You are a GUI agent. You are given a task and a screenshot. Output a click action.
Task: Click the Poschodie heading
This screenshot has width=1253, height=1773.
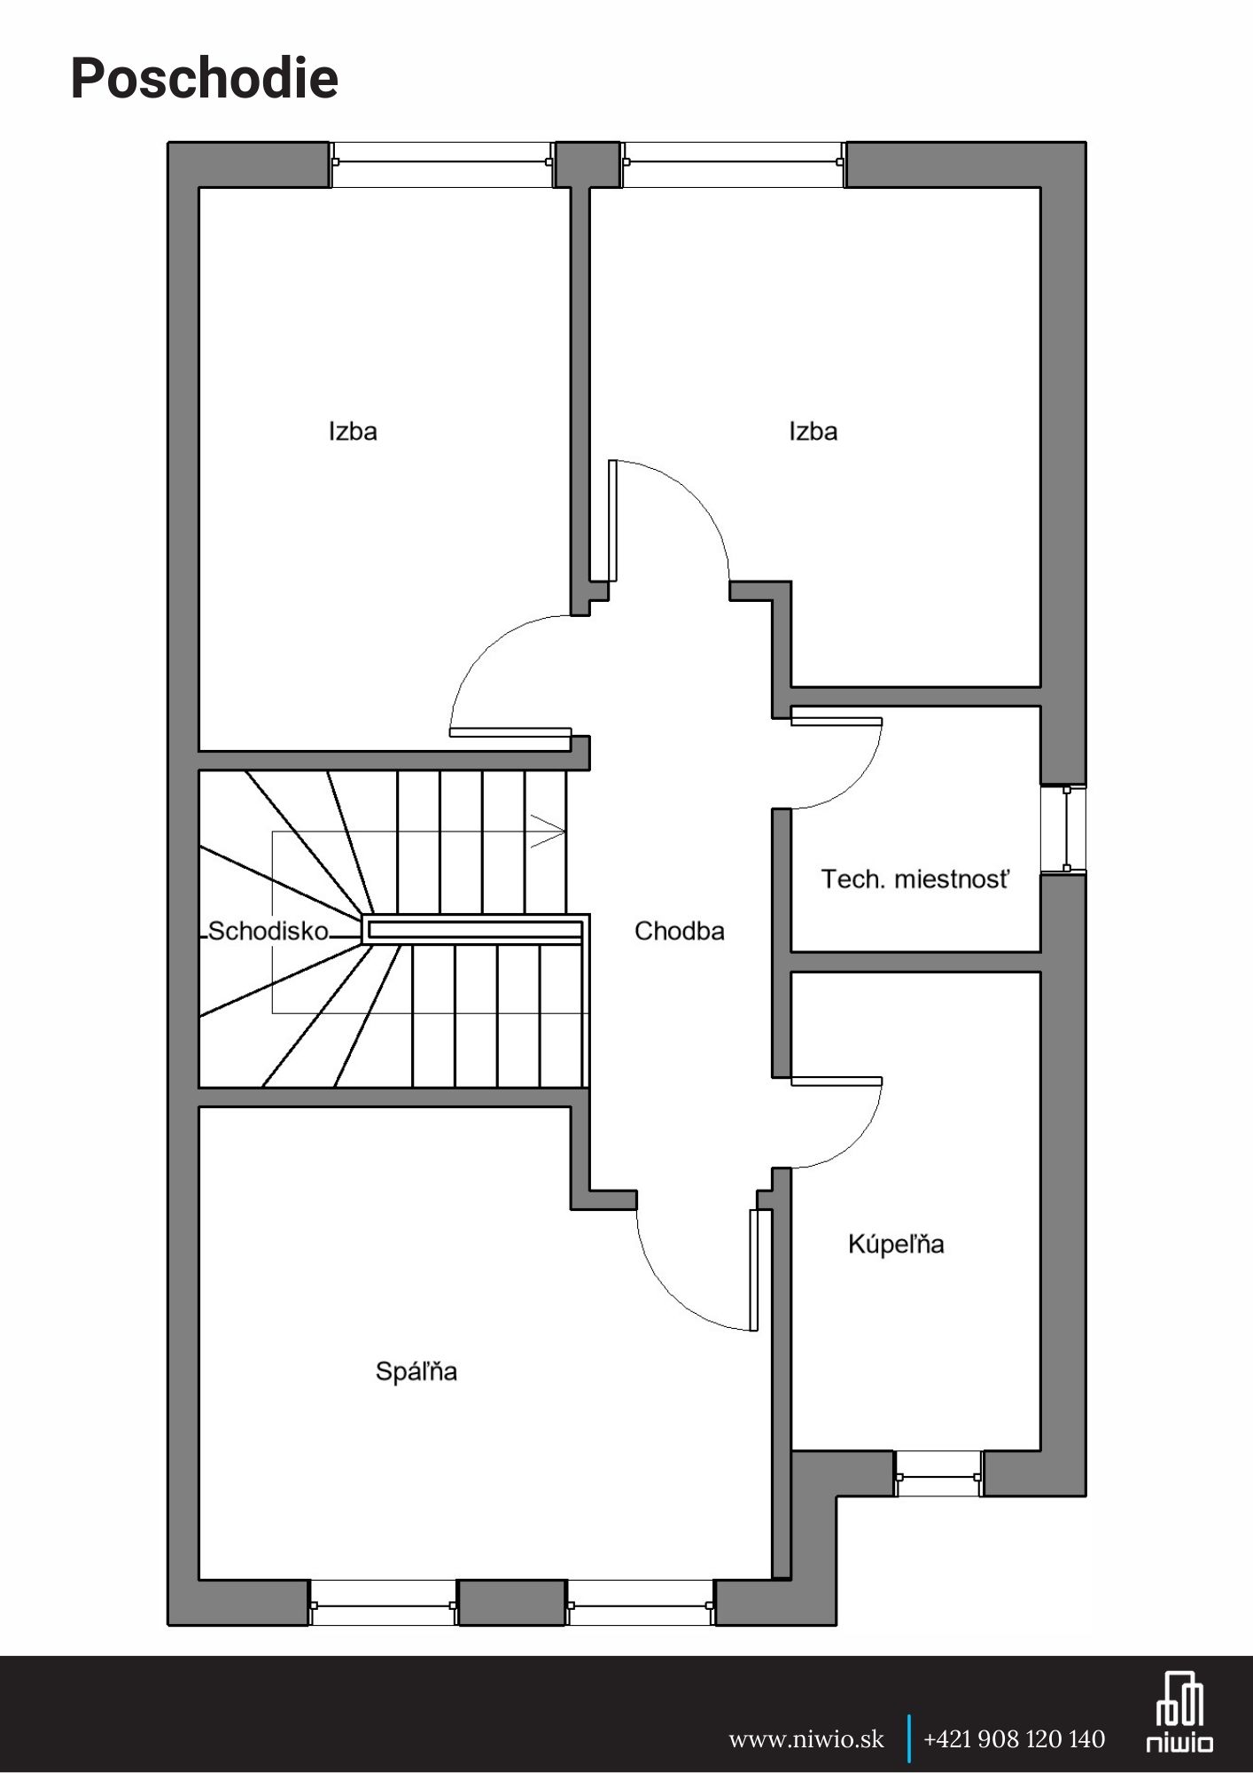click(x=205, y=79)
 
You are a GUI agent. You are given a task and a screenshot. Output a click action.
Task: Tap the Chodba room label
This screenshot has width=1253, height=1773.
click(x=680, y=931)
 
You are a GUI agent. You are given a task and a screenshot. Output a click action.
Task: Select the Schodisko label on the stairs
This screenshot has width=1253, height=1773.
click(x=268, y=931)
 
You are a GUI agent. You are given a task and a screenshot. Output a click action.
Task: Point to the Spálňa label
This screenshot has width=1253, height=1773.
click(x=416, y=1371)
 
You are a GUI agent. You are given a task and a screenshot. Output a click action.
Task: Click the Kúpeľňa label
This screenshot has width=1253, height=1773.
click(x=896, y=1244)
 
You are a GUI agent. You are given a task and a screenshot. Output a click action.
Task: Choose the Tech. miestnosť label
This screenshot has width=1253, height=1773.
click(x=915, y=879)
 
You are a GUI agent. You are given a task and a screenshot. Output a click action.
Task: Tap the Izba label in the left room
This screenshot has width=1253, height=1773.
click(x=353, y=432)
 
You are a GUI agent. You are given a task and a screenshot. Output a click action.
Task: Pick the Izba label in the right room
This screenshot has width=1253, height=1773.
click(x=813, y=432)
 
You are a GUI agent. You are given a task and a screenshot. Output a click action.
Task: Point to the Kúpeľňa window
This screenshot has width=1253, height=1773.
click(x=938, y=1476)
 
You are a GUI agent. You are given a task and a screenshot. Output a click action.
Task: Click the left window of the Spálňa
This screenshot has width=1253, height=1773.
click(x=383, y=1605)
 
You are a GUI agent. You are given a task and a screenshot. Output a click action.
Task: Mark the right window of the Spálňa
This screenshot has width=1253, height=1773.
click(x=640, y=1605)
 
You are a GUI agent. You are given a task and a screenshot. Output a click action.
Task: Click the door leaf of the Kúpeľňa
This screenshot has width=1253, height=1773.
click(x=837, y=1081)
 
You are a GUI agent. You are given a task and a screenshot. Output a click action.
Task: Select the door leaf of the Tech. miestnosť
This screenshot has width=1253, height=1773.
click(x=837, y=721)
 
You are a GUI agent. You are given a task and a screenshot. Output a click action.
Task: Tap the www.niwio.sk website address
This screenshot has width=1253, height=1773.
click(x=806, y=1739)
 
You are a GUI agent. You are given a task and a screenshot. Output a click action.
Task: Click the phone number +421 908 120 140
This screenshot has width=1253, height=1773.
click(x=1015, y=1739)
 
